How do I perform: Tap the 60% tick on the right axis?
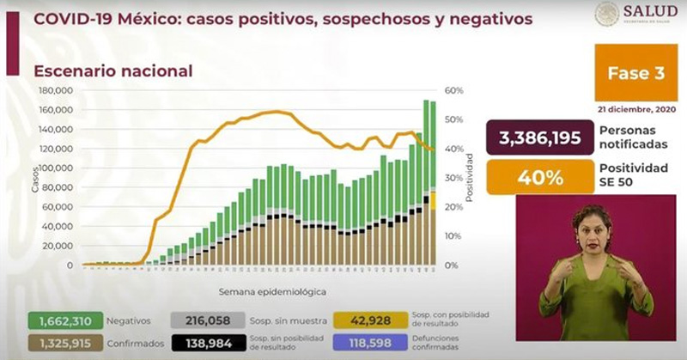[453, 89]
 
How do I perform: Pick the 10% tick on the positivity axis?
[453, 235]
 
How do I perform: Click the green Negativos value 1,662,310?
[65, 320]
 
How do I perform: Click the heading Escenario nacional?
[112, 71]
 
